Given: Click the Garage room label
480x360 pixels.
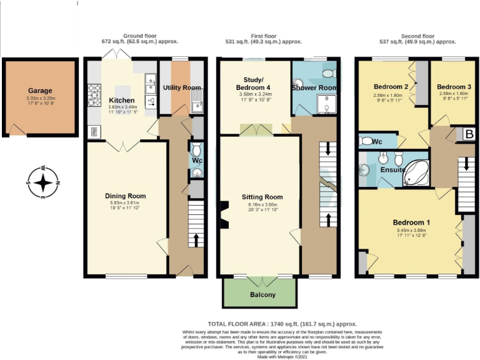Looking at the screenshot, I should [x=40, y=91].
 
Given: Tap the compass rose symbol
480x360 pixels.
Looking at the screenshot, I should [x=42, y=182].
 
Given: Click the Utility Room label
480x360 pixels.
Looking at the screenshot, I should [x=182, y=87].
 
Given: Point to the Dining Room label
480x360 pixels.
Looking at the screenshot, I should [x=126, y=196].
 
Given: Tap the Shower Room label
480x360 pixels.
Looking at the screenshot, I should [x=314, y=88].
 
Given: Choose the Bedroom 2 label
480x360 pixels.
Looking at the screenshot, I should [x=391, y=86].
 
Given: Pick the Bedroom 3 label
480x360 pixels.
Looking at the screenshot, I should [x=454, y=86].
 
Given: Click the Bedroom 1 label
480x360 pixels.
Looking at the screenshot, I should [x=411, y=223].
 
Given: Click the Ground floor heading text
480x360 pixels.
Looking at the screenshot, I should [x=139, y=36].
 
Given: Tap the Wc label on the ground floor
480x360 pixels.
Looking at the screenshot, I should [x=197, y=161].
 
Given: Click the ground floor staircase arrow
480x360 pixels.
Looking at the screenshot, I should [x=197, y=239].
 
